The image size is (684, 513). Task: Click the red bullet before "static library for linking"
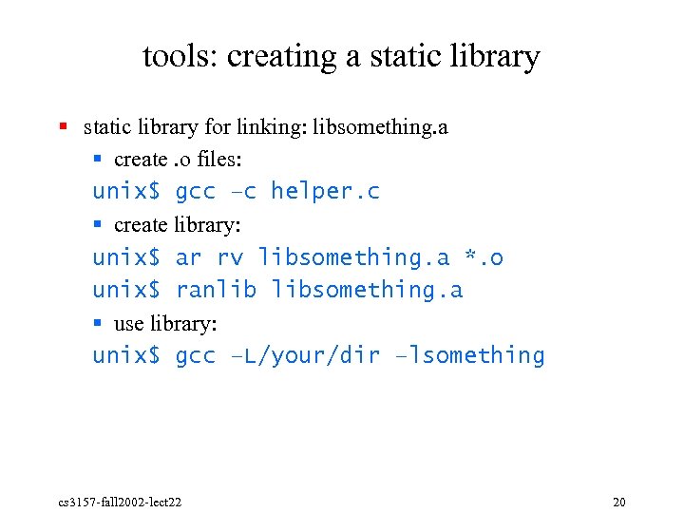[63, 125]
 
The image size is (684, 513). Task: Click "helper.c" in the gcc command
[325, 191]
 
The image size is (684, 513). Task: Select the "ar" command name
[189, 257]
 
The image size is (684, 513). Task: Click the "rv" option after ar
[230, 257]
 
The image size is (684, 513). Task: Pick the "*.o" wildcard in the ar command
[484, 257]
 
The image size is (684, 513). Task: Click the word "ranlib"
[216, 290]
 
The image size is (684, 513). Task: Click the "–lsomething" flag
[470, 356]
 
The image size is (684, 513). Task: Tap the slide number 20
[619, 501]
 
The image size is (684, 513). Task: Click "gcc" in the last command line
[196, 356]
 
